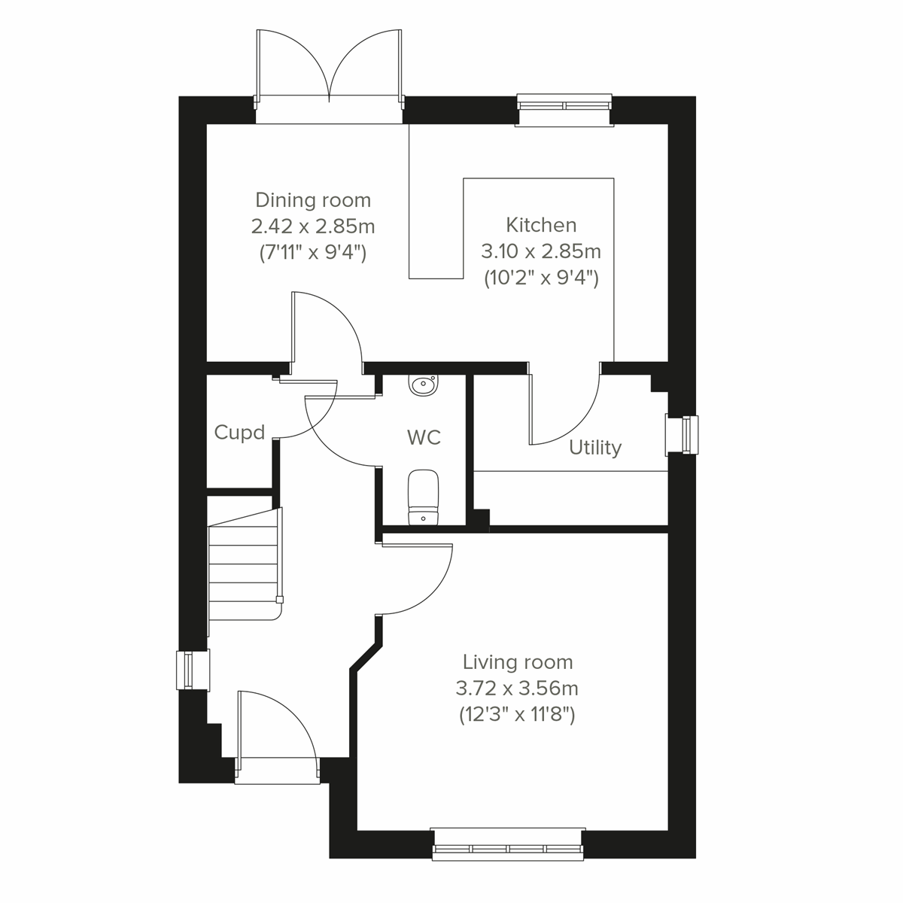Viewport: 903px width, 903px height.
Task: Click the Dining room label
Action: tap(313, 200)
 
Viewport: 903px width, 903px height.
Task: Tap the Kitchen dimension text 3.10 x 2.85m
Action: tap(540, 251)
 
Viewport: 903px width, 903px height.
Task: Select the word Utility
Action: tap(595, 448)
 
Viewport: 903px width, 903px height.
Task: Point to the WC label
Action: tap(424, 437)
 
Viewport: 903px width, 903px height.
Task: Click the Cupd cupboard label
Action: tap(239, 433)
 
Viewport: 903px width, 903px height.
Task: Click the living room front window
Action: tap(508, 844)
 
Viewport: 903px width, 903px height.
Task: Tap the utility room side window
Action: tap(682, 435)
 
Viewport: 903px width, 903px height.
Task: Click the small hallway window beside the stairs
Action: tap(184, 670)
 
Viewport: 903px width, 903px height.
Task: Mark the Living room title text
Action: tap(517, 662)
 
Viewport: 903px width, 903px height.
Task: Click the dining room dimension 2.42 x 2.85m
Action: tap(313, 227)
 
